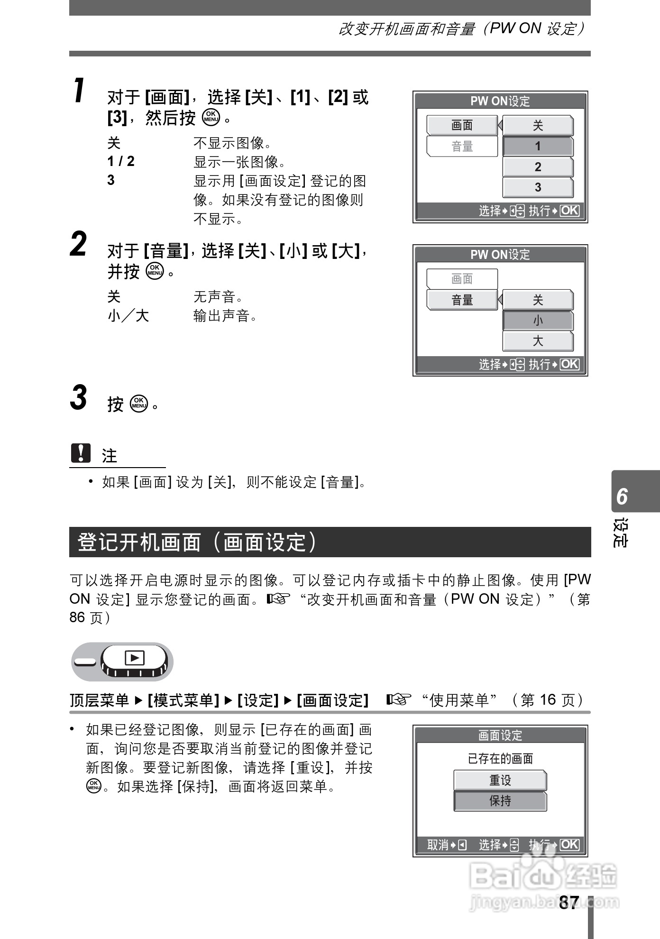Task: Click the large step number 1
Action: click(x=79, y=91)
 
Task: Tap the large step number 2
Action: click(x=79, y=245)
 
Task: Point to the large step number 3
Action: click(x=79, y=398)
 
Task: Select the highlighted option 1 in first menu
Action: click(x=538, y=147)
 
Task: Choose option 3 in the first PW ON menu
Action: click(x=538, y=187)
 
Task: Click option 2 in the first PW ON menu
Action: click(x=538, y=167)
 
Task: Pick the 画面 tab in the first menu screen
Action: click(x=462, y=125)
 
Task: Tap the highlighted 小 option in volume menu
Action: click(x=538, y=321)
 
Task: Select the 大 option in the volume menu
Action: click(x=538, y=341)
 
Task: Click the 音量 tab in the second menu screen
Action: click(x=462, y=300)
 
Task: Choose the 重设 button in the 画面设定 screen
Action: click(x=500, y=780)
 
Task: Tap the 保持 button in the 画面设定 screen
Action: click(x=500, y=801)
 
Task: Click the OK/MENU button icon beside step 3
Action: click(x=139, y=404)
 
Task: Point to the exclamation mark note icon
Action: click(x=81, y=453)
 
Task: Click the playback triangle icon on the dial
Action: click(x=135, y=658)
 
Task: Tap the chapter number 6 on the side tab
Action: click(x=622, y=497)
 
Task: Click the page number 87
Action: click(x=568, y=902)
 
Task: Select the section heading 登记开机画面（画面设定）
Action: click(x=197, y=542)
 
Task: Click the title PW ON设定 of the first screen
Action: click(x=500, y=101)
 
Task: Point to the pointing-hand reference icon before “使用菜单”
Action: click(x=398, y=700)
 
